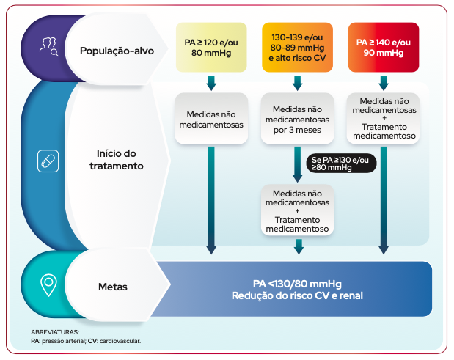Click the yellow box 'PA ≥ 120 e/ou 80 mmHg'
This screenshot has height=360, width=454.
pos(211,48)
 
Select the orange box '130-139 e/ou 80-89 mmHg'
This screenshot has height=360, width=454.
pos(298,48)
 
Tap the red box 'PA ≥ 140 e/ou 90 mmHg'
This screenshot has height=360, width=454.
pos(384,48)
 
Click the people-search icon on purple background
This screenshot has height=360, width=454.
pos(49,48)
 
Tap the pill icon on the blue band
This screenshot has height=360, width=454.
pos(48,160)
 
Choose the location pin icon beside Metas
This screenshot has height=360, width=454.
pos(48,284)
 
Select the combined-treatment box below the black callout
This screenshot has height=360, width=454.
pos(298,210)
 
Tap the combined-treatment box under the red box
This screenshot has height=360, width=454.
pos(384,118)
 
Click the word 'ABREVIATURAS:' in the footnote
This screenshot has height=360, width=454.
pos(55,332)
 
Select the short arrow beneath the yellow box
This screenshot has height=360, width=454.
pos(211,81)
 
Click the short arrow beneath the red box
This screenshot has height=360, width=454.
pos(384,81)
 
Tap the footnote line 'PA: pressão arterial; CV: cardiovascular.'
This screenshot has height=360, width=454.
pos(86,342)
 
